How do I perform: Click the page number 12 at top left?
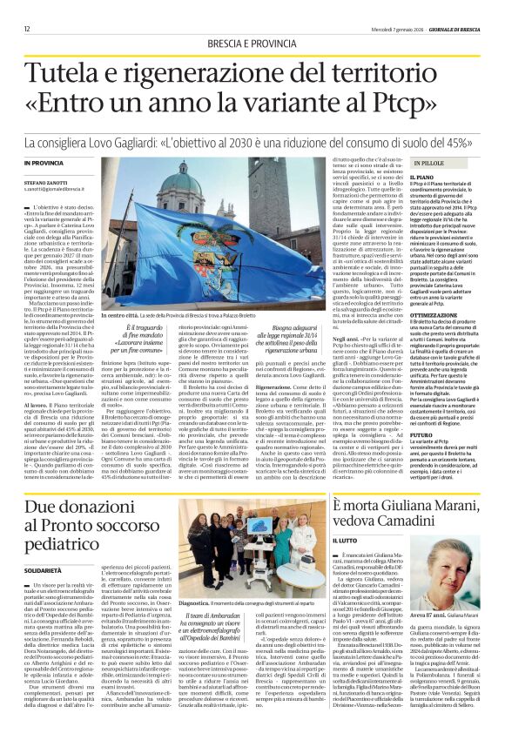tap(27, 29)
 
